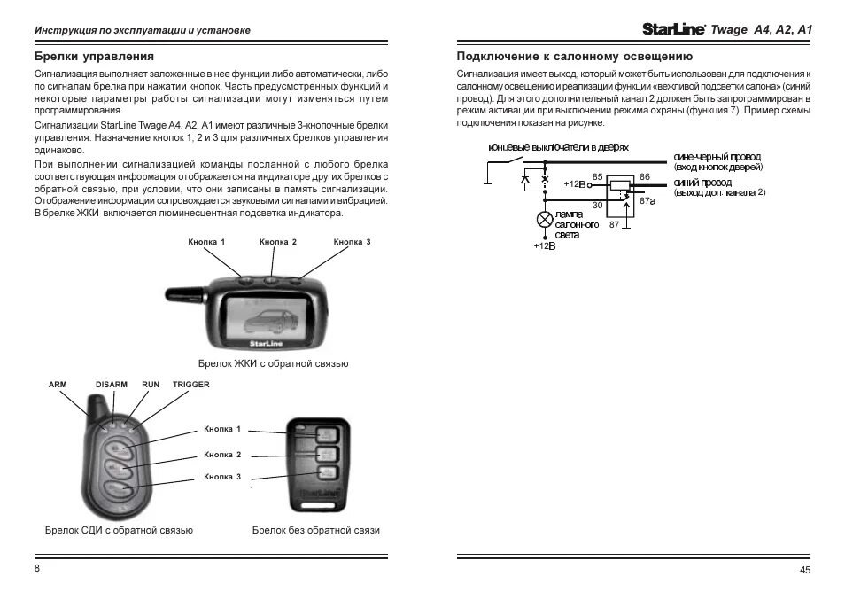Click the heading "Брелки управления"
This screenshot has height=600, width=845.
[x=94, y=57]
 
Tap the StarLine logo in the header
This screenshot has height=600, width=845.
[x=671, y=28]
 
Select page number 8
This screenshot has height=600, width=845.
[x=36, y=568]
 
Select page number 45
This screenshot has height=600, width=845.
[x=804, y=571]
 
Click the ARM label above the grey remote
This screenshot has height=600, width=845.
[x=58, y=385]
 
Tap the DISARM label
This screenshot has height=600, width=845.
[x=112, y=385]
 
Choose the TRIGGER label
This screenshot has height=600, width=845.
[x=191, y=385]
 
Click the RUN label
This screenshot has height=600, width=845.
[x=151, y=385]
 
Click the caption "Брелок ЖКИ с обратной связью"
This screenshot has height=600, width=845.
[x=273, y=364]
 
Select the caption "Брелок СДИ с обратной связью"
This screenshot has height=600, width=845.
[x=119, y=530]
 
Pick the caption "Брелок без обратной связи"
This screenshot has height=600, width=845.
[x=316, y=530]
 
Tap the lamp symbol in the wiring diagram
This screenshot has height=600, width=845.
[x=544, y=219]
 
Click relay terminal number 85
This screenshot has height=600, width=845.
[x=598, y=177]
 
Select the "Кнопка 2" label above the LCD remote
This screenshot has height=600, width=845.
[x=277, y=242]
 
